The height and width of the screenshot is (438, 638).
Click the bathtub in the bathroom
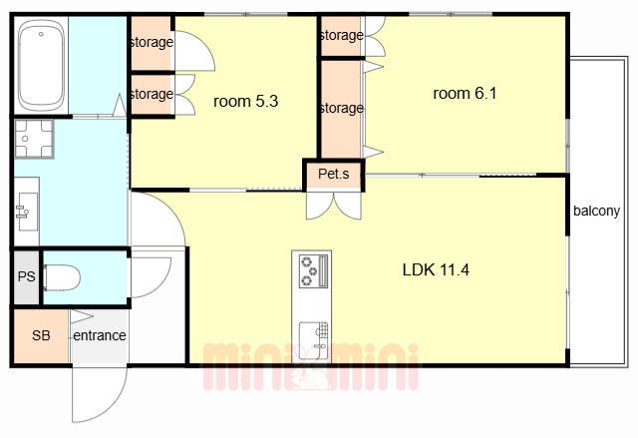(x=41, y=65)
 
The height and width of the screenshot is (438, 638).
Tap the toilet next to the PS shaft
(x=62, y=277)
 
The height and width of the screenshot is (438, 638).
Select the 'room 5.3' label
(x=245, y=101)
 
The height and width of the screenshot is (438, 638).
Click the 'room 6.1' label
(x=465, y=93)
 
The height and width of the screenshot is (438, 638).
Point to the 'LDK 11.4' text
(x=436, y=269)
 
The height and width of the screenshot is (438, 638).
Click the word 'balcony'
(x=596, y=211)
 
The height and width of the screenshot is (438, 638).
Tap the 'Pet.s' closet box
(x=334, y=175)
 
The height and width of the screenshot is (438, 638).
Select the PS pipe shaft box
(x=27, y=276)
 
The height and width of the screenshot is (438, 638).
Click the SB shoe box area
(x=41, y=336)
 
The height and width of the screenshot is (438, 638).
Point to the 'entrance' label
(x=100, y=335)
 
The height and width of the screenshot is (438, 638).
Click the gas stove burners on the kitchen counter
(x=313, y=270)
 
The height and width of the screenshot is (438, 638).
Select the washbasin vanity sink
(x=27, y=212)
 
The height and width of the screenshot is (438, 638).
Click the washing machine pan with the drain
(x=34, y=139)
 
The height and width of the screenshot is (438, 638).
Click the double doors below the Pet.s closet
(x=334, y=206)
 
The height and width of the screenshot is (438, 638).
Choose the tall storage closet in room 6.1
(x=341, y=109)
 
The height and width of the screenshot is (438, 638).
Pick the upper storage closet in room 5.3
(x=152, y=42)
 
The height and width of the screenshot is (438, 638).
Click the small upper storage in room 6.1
(x=341, y=36)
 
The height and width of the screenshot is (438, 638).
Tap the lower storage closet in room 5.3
(x=152, y=95)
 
